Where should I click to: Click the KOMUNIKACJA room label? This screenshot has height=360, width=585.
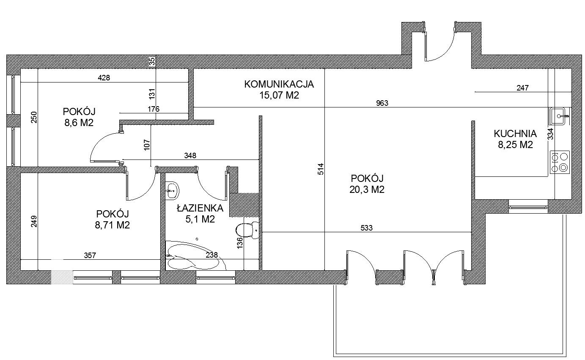point(279,84)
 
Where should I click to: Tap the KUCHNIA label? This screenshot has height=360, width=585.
point(515,134)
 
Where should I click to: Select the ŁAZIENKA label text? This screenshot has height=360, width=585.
point(200,208)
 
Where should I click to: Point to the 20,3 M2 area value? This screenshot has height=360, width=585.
point(367,190)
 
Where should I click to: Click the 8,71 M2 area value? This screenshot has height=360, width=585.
point(112,225)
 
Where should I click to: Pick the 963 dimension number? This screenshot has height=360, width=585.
point(382,103)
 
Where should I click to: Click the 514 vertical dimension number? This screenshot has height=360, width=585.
point(321,169)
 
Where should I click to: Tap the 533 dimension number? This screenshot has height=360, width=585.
point(366,228)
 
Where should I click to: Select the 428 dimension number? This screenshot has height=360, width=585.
point(104,77)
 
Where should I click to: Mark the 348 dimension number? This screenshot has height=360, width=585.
point(190,156)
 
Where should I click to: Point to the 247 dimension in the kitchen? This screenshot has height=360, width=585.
point(522,88)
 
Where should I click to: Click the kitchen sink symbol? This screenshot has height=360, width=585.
point(559,116)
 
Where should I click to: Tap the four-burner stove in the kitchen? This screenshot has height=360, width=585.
point(560,162)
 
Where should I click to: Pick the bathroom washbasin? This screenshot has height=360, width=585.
point(172,191)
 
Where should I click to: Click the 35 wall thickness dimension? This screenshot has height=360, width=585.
point(152,62)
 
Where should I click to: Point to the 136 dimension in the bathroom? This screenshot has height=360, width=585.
point(240,243)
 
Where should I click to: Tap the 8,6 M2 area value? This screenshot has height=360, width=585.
point(79,123)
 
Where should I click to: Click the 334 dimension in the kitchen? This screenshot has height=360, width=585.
point(550,134)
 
